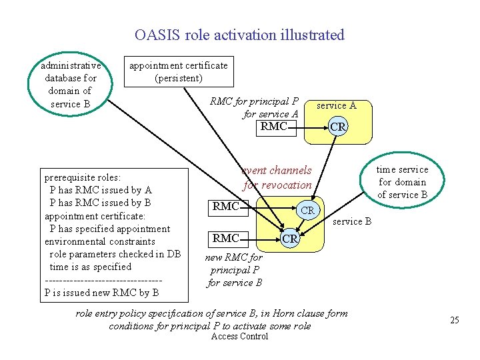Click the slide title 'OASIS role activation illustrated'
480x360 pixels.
click(239, 35)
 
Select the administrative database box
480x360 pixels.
click(70, 85)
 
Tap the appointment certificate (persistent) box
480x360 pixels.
click(178, 71)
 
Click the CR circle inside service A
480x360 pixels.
click(338, 126)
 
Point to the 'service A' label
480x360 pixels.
click(336, 105)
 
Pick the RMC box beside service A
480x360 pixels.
click(275, 126)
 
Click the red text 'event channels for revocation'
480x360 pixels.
click(277, 178)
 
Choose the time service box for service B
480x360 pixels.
click(403, 182)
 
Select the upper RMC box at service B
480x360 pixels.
click(226, 207)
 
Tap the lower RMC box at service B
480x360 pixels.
click(226, 238)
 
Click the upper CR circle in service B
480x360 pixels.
click(307, 210)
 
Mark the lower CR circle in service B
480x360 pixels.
click(289, 238)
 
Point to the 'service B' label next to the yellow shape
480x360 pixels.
click(352, 221)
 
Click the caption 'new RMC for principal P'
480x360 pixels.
click(234, 263)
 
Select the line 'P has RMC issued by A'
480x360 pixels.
click(101, 190)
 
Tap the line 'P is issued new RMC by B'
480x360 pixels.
click(101, 292)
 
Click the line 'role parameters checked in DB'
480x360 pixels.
click(115, 254)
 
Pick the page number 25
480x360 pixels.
click(455, 321)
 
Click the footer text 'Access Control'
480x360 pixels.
click(239, 337)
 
